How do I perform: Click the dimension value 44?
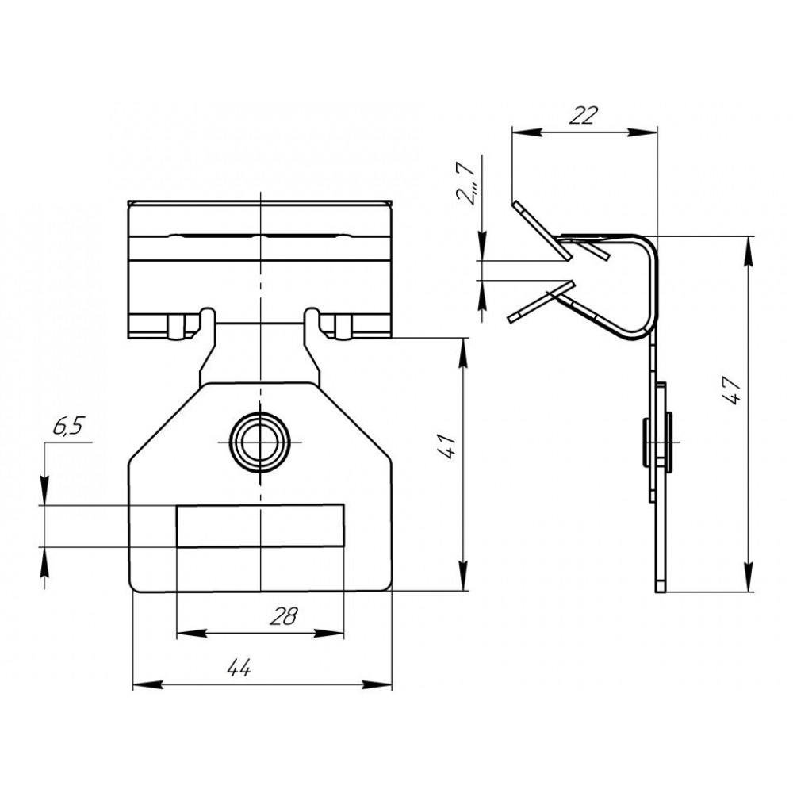tap(239, 668)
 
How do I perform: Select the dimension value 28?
tap(284, 616)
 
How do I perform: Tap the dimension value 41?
tap(447, 446)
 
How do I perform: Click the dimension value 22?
tap(583, 115)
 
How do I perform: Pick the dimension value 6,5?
tap(67, 427)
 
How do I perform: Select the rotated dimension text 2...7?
tap(465, 182)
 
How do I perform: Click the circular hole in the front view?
tap(260, 442)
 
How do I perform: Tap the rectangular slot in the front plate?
tap(260, 526)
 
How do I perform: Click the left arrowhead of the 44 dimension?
tap(147, 685)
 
